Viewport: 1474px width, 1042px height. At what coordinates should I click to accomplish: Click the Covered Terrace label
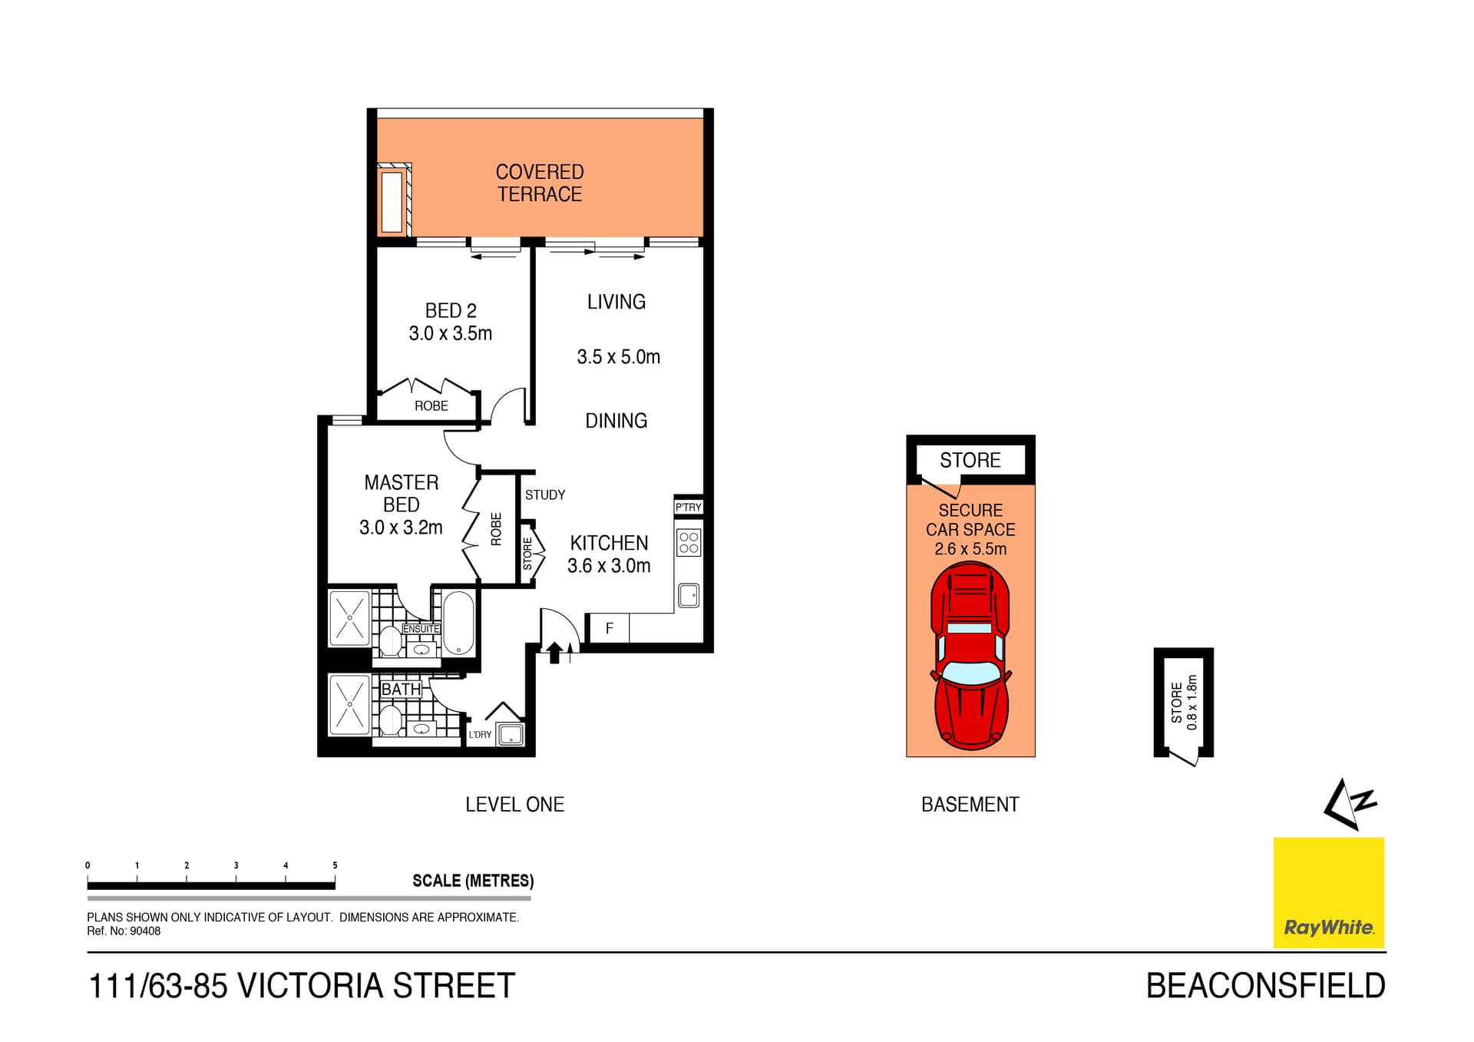pyautogui.click(x=539, y=183)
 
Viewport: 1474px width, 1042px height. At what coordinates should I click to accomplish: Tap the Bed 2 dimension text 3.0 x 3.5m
pyautogui.click(x=450, y=333)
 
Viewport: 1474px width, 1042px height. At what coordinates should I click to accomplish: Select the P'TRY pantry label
pyautogui.click(x=688, y=507)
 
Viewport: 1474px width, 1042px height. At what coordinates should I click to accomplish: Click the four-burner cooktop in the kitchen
pyautogui.click(x=689, y=543)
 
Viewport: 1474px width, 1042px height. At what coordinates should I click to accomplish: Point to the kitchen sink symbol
pyautogui.click(x=689, y=595)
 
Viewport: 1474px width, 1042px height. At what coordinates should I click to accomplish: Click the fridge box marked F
pyautogui.click(x=609, y=629)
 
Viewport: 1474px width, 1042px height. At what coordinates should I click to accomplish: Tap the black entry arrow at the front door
pyautogui.click(x=554, y=653)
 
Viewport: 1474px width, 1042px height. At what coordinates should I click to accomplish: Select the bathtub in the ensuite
pyautogui.click(x=458, y=623)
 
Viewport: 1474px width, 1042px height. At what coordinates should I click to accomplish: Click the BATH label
pyautogui.click(x=401, y=690)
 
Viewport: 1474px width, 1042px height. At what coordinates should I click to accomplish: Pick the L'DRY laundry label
pyautogui.click(x=480, y=735)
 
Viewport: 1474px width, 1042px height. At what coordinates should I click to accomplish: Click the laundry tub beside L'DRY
pyautogui.click(x=511, y=735)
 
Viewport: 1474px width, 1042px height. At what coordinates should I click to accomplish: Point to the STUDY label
pyautogui.click(x=544, y=495)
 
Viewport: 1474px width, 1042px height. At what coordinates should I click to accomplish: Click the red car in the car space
pyautogui.click(x=970, y=657)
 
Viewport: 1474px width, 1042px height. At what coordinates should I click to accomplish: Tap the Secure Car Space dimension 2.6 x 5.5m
pyautogui.click(x=970, y=549)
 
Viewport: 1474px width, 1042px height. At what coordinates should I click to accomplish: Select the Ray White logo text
pyautogui.click(x=1328, y=928)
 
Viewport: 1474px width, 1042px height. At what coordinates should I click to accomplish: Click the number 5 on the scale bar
pyautogui.click(x=335, y=865)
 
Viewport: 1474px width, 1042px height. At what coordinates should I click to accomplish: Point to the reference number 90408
pyautogui.click(x=145, y=931)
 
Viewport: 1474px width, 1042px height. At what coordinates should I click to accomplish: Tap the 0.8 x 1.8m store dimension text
pyautogui.click(x=1191, y=702)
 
